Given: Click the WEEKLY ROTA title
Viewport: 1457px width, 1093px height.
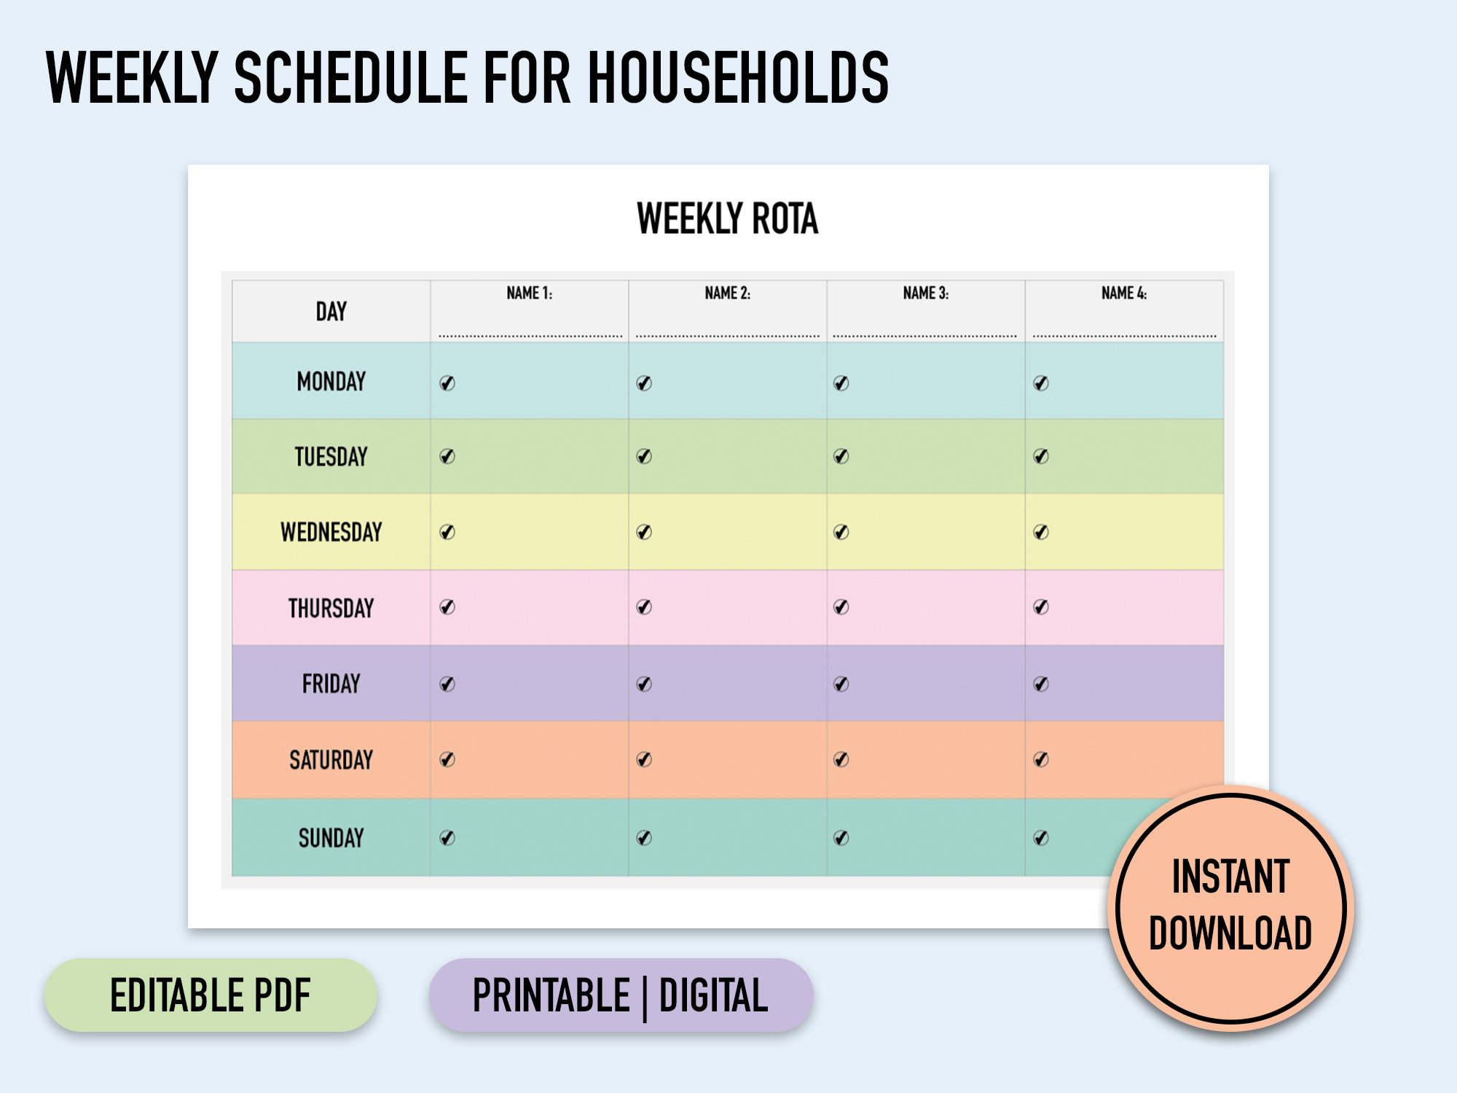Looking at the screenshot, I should click(727, 219).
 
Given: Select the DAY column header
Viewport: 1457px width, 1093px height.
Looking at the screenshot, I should click(331, 312).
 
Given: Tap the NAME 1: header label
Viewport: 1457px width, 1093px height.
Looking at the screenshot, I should click(529, 294).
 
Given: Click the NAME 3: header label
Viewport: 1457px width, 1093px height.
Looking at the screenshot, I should click(925, 294).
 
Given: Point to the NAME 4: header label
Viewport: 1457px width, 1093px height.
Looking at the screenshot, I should click(1123, 294).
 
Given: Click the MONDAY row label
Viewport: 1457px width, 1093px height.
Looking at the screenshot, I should click(331, 382).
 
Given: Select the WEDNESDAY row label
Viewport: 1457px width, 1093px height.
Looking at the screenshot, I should click(331, 533).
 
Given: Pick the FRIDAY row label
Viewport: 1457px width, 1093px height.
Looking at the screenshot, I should click(331, 684).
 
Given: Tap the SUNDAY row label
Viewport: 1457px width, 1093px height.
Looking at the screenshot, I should click(331, 839).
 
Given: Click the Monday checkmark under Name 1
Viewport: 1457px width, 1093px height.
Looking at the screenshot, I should click(447, 383).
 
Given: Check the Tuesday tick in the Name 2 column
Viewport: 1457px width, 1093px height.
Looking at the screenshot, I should click(644, 457).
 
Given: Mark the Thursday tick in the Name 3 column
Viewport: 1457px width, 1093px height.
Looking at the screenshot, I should click(841, 607).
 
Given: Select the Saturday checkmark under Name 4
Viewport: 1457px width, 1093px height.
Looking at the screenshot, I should click(1041, 760).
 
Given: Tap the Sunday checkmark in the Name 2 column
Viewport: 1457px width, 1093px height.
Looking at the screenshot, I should click(644, 838).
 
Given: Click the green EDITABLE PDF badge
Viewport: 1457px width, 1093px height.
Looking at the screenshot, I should click(211, 995).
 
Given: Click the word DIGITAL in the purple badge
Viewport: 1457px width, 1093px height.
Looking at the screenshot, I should click(713, 996).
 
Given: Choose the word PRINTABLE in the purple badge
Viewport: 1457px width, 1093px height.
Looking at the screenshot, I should click(551, 996).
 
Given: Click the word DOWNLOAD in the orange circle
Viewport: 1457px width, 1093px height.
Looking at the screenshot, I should click(1230, 933).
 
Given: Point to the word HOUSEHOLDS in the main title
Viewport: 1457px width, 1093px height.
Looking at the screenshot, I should click(738, 78).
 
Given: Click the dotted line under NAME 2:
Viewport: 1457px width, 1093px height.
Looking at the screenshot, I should click(727, 336).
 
